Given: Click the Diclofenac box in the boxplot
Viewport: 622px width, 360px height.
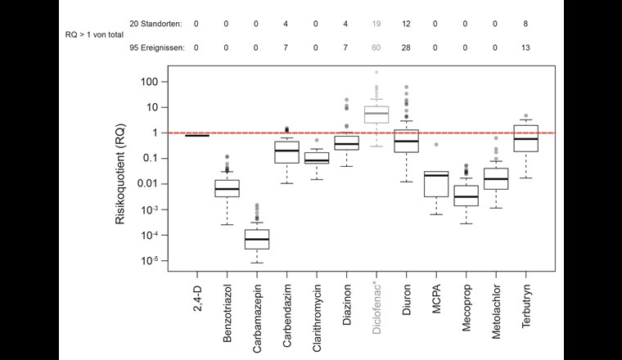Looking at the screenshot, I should point(376,114).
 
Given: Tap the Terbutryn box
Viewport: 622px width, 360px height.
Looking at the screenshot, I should point(525,137).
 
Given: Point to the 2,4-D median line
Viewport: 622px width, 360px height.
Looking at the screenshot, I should point(196,135).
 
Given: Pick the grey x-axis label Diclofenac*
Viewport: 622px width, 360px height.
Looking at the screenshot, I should point(376,313).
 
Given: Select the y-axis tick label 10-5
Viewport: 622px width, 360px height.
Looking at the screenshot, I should point(147,261).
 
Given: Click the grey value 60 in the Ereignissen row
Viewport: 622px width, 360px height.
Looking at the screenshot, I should point(376,47).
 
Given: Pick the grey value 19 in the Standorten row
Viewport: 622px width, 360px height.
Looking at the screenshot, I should point(376,24).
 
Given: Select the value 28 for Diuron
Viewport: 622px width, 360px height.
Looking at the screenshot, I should point(406,47).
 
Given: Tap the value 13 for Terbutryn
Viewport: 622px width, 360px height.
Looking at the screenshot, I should point(525,47).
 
